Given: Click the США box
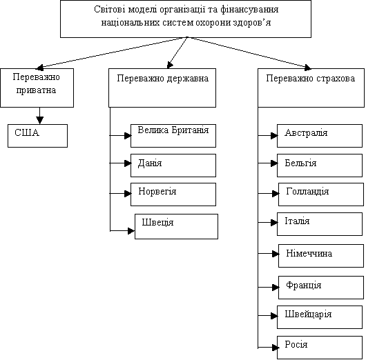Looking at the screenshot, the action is point(37,136).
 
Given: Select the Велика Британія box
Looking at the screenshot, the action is point(173,136).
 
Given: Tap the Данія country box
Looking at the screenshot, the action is point(173,166).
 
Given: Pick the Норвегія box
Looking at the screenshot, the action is point(173,194).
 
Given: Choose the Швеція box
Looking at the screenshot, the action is point(177,226).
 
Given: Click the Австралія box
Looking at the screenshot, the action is point(320,136).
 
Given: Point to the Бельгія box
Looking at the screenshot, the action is point(320,166).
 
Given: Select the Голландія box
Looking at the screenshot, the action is point(321,194).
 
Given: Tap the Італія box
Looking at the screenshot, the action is point(320,224).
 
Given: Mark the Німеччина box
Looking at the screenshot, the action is point(321,256).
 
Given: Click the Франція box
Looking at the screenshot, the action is point(321,288).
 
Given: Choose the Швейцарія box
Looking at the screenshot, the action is point(320,317).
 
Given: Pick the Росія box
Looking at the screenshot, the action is point(320,348).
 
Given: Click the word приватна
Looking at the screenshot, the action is point(36,90).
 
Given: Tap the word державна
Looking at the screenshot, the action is point(188,79).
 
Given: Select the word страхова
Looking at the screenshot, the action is point(336,79).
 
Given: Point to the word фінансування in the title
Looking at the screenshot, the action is point(249,10).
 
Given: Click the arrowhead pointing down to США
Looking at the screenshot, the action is point(39,120).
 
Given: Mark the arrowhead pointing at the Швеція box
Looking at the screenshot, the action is point(131,231).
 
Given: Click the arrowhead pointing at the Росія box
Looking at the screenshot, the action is point(276,348).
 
